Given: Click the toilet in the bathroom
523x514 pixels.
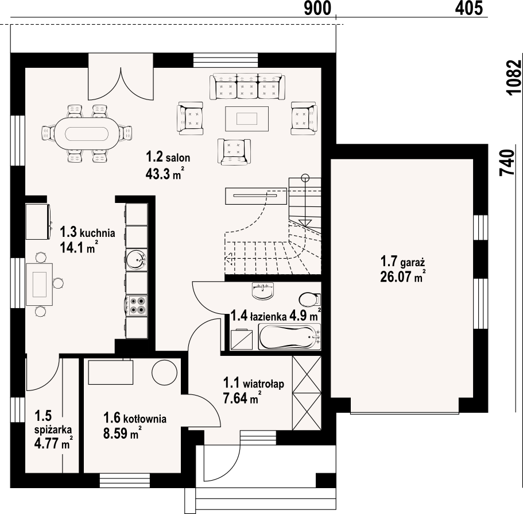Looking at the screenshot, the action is coord(310,299).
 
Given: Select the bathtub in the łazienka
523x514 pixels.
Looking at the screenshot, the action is coord(289,337).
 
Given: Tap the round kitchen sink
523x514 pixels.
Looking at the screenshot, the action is coord(137,259).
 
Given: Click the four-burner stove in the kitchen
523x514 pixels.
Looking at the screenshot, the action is coord(137,305).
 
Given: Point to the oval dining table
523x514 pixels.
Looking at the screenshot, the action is coord(86,134).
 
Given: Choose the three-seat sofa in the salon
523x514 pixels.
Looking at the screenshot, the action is coord(247,86).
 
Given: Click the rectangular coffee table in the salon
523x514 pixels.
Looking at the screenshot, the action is coord(247,118).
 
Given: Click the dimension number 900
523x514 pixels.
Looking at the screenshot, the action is coord(317,9).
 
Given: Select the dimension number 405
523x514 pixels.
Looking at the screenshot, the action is coord(469,9).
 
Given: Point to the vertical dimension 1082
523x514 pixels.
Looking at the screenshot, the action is coord(513,78).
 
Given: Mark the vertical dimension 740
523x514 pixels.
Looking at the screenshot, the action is coord(507,163).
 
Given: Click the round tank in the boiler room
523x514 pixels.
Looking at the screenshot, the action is coord(164,373).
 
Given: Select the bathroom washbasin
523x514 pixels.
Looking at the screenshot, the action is coord(263,290).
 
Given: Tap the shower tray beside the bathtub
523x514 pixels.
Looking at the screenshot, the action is coord(242,339).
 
